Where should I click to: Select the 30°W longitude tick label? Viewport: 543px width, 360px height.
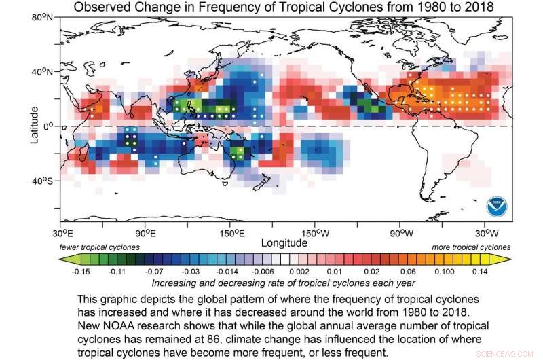point(485,232)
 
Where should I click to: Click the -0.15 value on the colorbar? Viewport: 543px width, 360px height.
point(82,271)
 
